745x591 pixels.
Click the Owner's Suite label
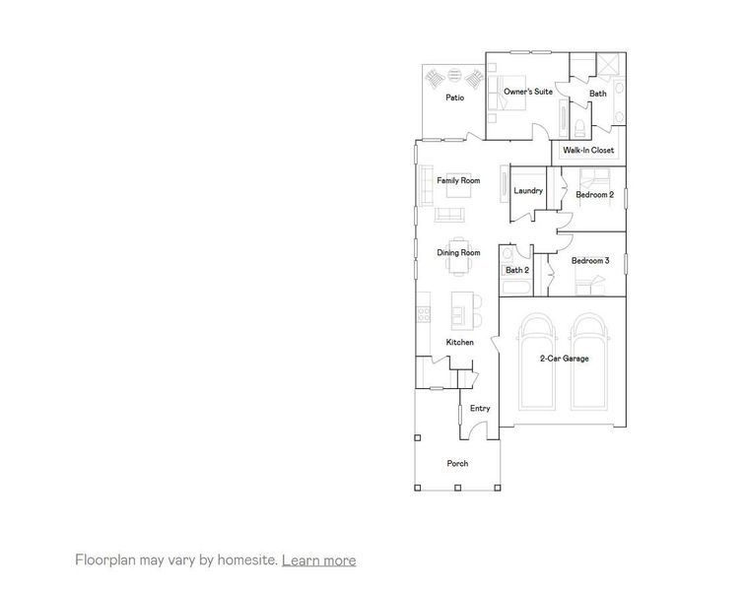click(x=528, y=92)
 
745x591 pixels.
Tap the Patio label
click(x=454, y=98)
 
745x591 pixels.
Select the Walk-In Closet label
click(x=588, y=151)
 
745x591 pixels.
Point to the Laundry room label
click(x=529, y=190)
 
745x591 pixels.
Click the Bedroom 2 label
click(x=595, y=195)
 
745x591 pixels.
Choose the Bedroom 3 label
click(x=590, y=260)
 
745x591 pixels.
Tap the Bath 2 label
click(x=517, y=270)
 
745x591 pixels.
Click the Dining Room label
click(x=458, y=253)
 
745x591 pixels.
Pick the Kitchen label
click(x=460, y=342)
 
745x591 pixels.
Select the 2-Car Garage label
click(x=564, y=359)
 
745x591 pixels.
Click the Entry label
click(x=480, y=408)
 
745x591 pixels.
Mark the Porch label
click(x=457, y=463)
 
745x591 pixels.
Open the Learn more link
click(x=318, y=560)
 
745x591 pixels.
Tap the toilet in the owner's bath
click(x=580, y=126)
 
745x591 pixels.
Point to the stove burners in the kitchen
click(x=424, y=315)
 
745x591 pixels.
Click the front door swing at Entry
click(x=479, y=430)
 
